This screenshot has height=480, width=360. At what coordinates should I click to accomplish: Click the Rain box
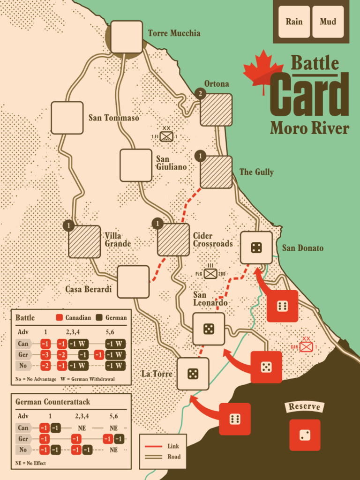[x=294, y=22]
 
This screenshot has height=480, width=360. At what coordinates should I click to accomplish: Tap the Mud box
[x=328, y=22]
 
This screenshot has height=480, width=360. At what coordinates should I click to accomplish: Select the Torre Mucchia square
[x=127, y=37]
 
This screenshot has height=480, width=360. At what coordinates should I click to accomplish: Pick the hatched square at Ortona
[x=216, y=110]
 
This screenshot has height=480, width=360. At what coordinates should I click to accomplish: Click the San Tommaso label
[x=114, y=118]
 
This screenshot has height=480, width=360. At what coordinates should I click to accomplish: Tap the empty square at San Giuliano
[x=136, y=165]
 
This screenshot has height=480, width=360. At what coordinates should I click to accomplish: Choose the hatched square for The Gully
[x=216, y=172]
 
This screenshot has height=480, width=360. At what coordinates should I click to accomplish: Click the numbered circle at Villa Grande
[x=68, y=226]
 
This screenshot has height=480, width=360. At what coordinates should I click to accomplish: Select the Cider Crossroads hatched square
[x=173, y=240]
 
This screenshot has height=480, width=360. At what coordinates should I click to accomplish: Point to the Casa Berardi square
[x=133, y=282]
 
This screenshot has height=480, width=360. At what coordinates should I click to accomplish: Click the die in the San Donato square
[x=256, y=247]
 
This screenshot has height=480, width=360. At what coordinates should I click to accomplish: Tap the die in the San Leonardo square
[x=209, y=329]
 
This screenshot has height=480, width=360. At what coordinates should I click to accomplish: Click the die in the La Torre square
[x=193, y=374]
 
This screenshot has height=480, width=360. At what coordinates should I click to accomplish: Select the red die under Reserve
[x=305, y=435]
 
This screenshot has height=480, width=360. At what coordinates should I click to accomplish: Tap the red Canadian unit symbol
[x=306, y=347]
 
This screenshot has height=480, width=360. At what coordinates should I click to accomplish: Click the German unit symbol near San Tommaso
[x=166, y=136]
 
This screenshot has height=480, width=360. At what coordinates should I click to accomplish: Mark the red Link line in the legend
[x=155, y=446]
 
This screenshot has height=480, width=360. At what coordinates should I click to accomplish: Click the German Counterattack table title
[x=53, y=402]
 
